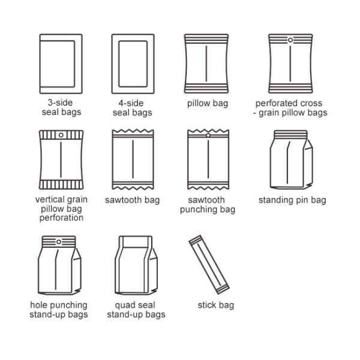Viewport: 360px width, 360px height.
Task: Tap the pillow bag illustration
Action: [206, 62]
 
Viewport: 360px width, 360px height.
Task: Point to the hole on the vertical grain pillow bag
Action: [61, 136]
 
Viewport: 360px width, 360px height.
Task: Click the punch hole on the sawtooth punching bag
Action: [208, 136]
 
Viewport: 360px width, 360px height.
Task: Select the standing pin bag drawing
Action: [290, 157]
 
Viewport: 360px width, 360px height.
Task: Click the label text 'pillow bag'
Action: [207, 103]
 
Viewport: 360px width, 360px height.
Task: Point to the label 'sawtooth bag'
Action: [133, 200]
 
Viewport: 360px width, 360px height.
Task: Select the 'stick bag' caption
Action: [216, 305]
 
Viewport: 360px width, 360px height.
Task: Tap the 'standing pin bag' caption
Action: [292, 200]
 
